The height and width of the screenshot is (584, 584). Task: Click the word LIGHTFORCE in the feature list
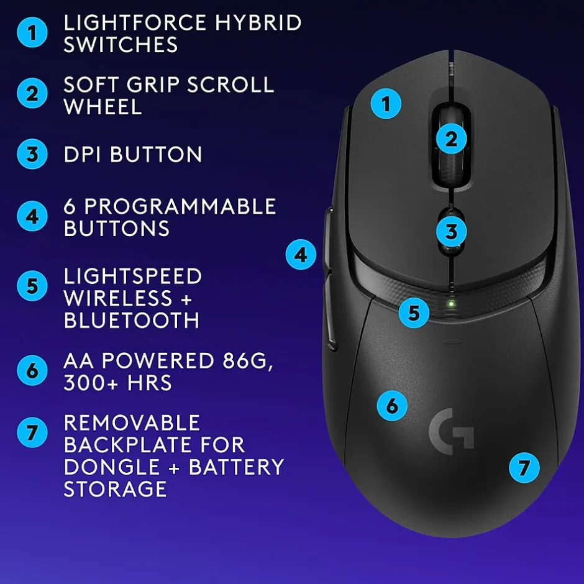coord(135,23)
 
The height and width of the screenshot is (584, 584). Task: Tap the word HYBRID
coord(258,23)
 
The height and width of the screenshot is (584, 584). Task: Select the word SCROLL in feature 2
coord(230,84)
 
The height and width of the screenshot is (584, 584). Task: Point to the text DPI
coord(82,154)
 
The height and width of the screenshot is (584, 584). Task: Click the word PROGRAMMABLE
coord(180,206)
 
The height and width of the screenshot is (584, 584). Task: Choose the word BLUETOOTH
coord(132,321)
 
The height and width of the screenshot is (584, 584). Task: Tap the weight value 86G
coord(248,360)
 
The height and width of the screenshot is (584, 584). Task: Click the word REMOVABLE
coord(132,422)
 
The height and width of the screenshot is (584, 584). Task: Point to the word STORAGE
coord(115,489)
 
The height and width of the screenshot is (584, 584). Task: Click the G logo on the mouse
coord(452,431)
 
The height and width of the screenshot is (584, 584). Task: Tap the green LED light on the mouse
coord(452,304)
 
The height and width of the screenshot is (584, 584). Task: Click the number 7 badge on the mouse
coord(524,468)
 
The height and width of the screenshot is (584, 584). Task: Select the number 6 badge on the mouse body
coord(392,406)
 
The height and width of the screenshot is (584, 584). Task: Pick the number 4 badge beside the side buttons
coord(301,255)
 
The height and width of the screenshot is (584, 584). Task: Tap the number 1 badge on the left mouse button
coord(386,104)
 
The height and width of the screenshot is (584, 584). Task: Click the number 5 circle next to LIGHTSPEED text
coord(32,286)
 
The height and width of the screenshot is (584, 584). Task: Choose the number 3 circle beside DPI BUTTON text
coord(32,154)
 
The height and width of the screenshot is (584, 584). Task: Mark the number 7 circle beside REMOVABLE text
coord(32,432)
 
